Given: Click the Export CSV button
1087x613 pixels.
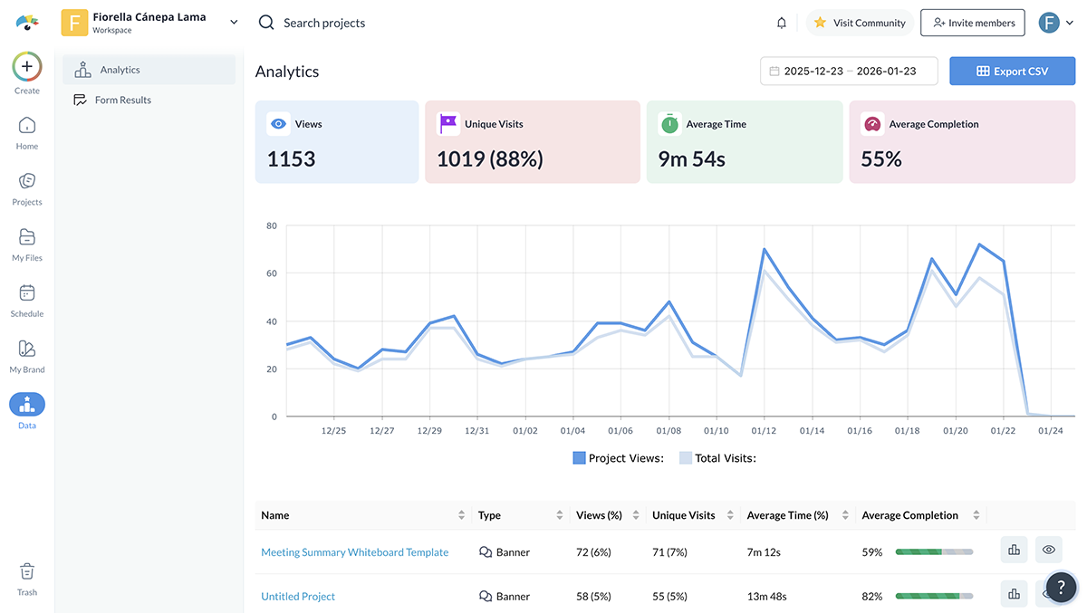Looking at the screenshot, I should pos(1012,71).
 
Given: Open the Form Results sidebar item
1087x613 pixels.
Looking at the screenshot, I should pos(122,100).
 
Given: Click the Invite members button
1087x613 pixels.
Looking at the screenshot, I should pos(973,23).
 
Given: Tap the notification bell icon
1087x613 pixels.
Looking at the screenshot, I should pos(782,23).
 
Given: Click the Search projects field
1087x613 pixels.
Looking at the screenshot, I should pos(324,23).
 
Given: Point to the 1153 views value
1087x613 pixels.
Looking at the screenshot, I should pos(291,159).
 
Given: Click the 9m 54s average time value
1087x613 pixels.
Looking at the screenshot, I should pos(691,159).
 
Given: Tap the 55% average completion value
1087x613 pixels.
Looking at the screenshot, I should pos(881,159).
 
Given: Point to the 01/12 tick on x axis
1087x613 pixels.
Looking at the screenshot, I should pos(764,431).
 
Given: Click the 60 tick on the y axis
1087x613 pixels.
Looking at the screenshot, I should pos(270,273).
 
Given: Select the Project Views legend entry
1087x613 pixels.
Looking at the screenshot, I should pos(618,458).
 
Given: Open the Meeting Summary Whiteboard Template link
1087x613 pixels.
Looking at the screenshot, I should pos(354,552).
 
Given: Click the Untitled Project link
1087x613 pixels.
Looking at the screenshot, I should pos(298,597).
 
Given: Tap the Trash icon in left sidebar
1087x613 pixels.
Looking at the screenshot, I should pos(27,571).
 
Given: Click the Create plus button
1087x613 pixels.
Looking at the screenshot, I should pos(27,66).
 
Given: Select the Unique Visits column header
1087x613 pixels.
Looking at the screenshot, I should pos(683,515).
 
